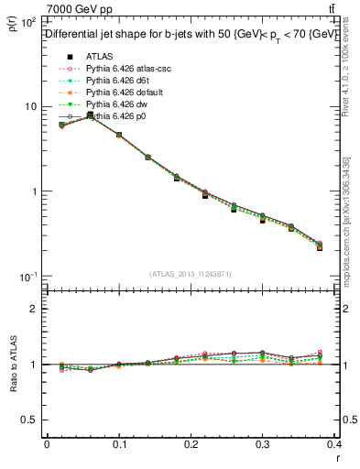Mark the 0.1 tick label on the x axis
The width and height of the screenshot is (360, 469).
click(120, 446)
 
